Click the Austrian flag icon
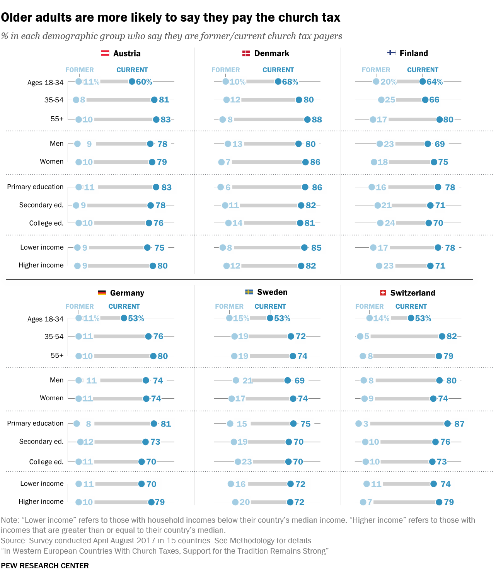pyautogui.click(x=105, y=53)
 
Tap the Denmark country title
pyautogui.click(x=271, y=53)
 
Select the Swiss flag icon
pyautogui.click(x=383, y=293)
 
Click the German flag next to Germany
pyautogui.click(x=102, y=293)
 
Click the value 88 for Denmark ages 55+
pyautogui.click(x=317, y=120)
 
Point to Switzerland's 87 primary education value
pyautogui.click(x=459, y=424)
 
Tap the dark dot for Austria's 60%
pyautogui.click(x=132, y=82)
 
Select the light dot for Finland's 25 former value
pyautogui.click(x=381, y=100)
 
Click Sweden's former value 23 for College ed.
pyautogui.click(x=247, y=462)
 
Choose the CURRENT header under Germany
pyautogui.click(x=124, y=306)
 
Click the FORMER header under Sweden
pyautogui.click(x=229, y=306)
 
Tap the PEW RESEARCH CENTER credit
pyautogui.click(x=45, y=566)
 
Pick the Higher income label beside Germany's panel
pyautogui.click(x=41, y=501)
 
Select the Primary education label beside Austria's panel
pyautogui.click(x=35, y=187)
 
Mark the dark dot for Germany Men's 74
pyautogui.click(x=146, y=381)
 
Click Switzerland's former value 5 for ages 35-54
pyautogui.click(x=366, y=337)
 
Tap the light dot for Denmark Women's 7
pyautogui.click(x=222, y=162)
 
